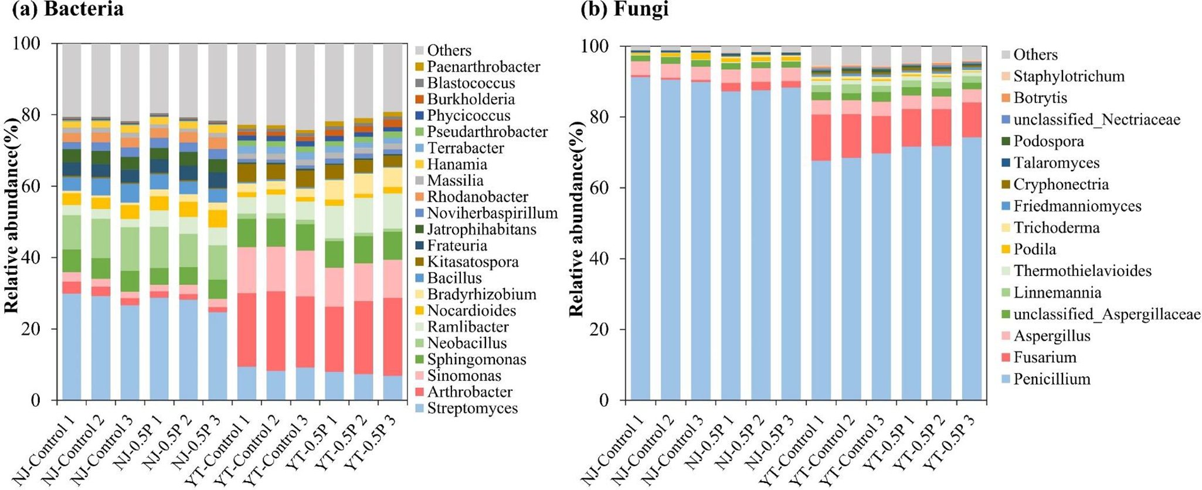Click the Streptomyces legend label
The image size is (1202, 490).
472,408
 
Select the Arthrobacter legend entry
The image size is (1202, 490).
470,392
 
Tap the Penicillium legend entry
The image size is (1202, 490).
1052,379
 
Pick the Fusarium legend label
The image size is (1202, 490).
1045,357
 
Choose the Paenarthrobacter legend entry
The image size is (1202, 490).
483,67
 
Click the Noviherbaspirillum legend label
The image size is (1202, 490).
492,213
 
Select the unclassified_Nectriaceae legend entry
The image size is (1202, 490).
1096,120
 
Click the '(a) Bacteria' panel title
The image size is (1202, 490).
63,9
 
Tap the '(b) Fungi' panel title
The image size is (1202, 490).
624,9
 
